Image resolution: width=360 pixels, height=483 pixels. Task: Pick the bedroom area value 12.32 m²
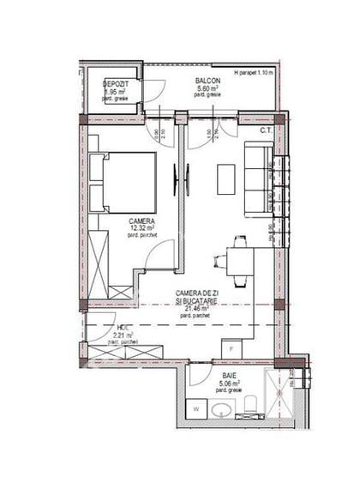coord(142,228)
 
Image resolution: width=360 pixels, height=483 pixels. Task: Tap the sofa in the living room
coord(258,178)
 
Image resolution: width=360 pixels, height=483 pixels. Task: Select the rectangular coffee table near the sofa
coord(225,178)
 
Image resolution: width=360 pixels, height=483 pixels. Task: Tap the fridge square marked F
coord(230,348)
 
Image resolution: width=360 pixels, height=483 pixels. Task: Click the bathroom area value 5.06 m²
coord(229,384)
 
